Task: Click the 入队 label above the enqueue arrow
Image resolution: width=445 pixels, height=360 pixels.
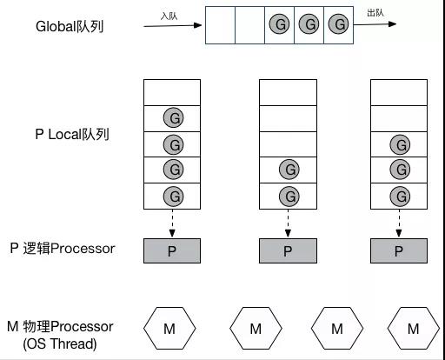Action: tap(169, 16)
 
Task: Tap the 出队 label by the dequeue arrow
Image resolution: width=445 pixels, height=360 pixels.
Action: tap(375, 13)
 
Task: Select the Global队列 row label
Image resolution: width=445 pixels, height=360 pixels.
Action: tap(70, 27)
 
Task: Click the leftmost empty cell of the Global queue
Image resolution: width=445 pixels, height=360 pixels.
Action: tap(220, 25)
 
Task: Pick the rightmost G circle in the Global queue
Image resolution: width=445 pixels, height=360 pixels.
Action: tap(338, 24)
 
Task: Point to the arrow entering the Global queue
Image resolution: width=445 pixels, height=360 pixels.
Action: tap(173, 25)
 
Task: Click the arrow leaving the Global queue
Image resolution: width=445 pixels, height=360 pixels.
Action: tap(375, 24)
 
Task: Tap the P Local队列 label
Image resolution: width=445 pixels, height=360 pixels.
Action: tap(72, 135)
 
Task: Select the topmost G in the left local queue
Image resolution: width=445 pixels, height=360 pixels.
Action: tap(173, 117)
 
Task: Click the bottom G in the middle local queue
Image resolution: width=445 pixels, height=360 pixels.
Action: tap(289, 197)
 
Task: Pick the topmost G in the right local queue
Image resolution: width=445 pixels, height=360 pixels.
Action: tap(400, 144)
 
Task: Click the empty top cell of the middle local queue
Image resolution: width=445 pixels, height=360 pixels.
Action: tap(288, 93)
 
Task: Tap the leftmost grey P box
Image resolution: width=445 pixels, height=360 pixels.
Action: tap(172, 250)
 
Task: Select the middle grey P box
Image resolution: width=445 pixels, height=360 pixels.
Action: tap(288, 250)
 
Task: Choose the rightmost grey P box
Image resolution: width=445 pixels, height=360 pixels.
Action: tap(399, 250)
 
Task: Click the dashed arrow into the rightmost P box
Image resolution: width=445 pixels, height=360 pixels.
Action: tap(399, 223)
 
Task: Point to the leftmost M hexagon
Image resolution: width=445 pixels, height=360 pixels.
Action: tap(169, 328)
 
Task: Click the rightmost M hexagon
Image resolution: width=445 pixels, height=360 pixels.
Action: tap(414, 328)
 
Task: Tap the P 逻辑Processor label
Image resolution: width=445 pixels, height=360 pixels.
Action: tap(63, 249)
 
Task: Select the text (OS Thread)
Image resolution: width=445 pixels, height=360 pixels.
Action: tap(60, 343)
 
